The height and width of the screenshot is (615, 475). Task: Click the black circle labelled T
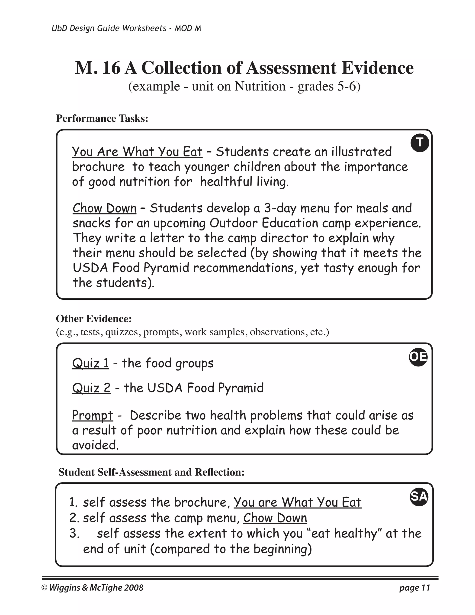tap(420, 143)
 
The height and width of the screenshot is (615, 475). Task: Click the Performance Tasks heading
tap(102, 119)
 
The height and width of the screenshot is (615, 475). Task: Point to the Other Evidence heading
tap(94, 319)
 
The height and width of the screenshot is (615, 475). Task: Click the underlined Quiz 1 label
tap(90, 363)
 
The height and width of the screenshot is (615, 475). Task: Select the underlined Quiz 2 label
tap(91, 388)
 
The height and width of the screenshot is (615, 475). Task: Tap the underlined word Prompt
tap(93, 415)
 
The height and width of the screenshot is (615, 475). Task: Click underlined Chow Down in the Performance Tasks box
tap(104, 208)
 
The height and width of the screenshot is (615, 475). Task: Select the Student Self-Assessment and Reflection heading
tap(151, 472)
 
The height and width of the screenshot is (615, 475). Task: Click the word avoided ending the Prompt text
tap(95, 445)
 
